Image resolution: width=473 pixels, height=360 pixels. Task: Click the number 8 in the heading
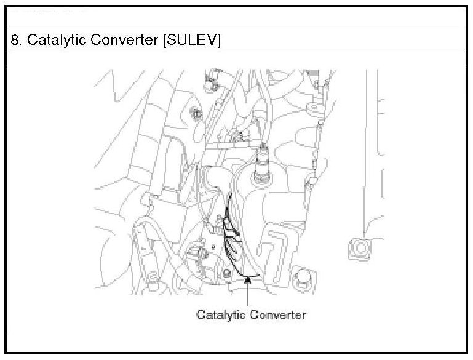click(x=14, y=41)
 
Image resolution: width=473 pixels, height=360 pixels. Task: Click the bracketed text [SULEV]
click(x=190, y=41)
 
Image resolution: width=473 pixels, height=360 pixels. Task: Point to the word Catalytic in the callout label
click(x=220, y=314)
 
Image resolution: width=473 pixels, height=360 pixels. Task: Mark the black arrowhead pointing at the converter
click(x=247, y=280)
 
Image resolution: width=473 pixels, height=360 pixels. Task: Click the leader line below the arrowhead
click(x=247, y=295)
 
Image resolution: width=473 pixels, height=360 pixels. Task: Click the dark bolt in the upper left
click(x=195, y=114)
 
